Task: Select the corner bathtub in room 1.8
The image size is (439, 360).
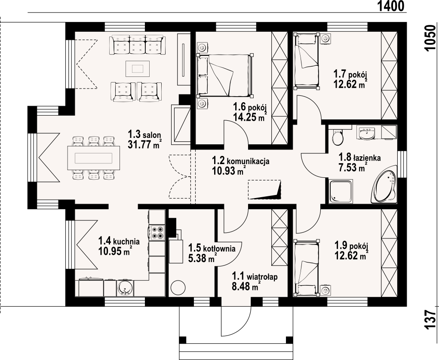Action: tap(384, 185)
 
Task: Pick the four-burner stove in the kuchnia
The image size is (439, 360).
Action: tap(157, 233)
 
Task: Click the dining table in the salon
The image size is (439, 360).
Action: tap(93, 158)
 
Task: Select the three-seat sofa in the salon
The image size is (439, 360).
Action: tap(137, 45)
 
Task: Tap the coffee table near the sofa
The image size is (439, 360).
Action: tap(138, 68)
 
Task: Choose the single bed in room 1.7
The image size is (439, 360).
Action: tap(307, 61)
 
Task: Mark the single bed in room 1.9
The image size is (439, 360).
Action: tap(306, 267)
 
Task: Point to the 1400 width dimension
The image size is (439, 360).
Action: tap(391, 6)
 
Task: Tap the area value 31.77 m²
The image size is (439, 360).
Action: tap(144, 144)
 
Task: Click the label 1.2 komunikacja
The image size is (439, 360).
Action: tap(241, 161)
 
